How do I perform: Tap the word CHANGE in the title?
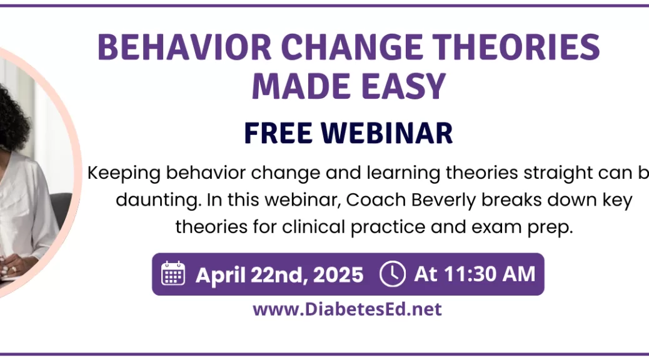point(352,47)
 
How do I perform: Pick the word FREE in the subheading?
point(278,133)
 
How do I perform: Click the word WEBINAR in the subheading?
point(387,133)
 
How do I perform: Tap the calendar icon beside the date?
point(173,273)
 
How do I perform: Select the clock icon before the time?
point(393,274)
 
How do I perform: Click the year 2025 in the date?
point(338,275)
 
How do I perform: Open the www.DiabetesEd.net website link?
point(347,309)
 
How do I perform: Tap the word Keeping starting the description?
point(124,173)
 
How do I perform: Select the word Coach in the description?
point(376,200)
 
